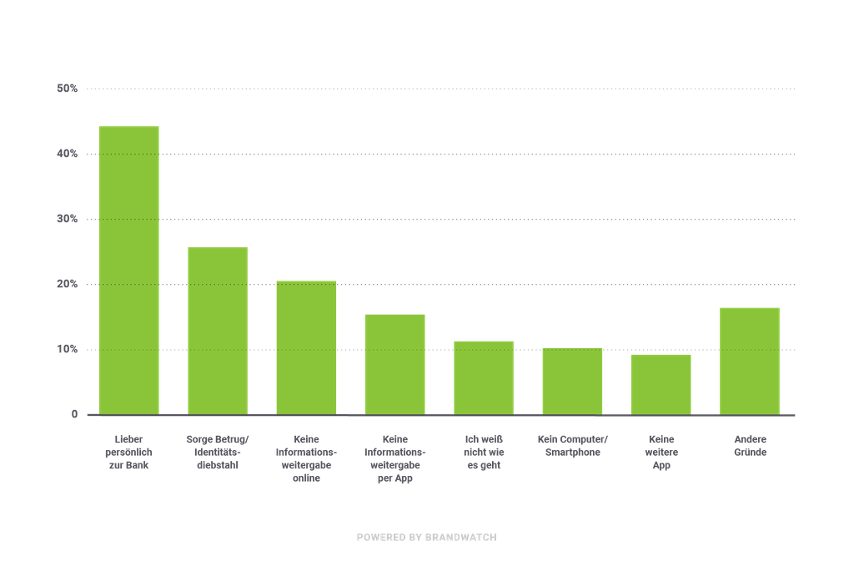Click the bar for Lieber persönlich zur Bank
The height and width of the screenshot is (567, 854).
click(x=129, y=269)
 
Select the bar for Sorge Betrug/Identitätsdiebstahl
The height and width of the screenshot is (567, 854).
click(x=218, y=330)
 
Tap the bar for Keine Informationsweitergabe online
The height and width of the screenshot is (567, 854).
click(x=306, y=347)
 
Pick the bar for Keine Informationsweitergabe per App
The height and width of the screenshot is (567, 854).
click(x=394, y=363)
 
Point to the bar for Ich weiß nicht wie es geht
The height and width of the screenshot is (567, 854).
click(x=484, y=377)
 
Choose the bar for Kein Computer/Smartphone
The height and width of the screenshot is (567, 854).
click(x=572, y=380)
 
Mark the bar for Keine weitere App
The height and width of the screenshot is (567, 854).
click(x=661, y=383)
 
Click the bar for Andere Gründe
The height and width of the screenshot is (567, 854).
click(x=750, y=360)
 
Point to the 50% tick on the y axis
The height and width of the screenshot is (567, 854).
click(x=68, y=89)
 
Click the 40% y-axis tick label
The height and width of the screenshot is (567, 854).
click(x=68, y=154)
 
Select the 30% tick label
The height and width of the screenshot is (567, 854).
click(x=68, y=220)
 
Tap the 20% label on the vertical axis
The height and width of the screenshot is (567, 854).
click(x=68, y=285)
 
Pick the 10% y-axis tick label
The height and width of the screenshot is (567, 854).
click(x=68, y=349)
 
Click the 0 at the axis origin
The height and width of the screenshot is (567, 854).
click(x=74, y=414)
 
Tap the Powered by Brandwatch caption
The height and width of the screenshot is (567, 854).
click(x=427, y=538)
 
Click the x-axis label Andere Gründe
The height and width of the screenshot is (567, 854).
click(x=750, y=445)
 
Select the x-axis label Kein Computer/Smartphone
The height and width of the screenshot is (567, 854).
click(x=572, y=445)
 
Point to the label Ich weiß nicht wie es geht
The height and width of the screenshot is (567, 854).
click(x=484, y=452)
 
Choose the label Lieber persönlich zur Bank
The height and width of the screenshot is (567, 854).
click(x=129, y=452)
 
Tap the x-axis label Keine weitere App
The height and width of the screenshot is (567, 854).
click(x=661, y=452)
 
